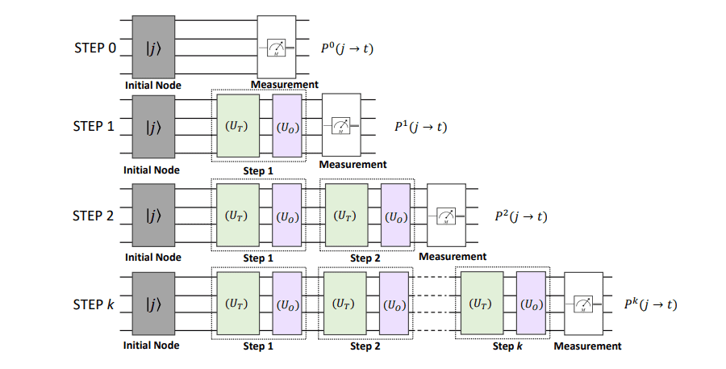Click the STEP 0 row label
click(94, 48)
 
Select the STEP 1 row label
click(94, 128)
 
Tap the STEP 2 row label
click(94, 216)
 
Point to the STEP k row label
click(94, 304)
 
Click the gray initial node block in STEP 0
click(153, 47)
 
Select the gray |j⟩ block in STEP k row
click(153, 304)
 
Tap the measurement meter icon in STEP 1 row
click(343, 127)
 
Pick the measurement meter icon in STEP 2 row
click(446, 216)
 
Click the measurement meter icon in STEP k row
click(584, 304)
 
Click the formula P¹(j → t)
click(419, 127)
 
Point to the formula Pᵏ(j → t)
click(650, 304)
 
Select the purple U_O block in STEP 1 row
click(287, 128)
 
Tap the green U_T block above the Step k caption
click(481, 304)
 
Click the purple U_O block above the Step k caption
click(532, 304)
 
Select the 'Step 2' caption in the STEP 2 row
click(365, 258)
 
